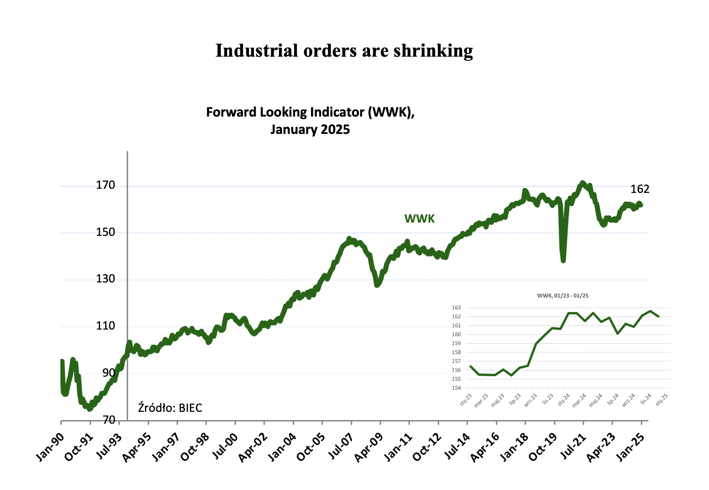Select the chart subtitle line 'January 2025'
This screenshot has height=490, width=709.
pos(310,129)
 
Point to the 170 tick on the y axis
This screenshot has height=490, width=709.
pos(106,186)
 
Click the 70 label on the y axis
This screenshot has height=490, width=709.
pos(108,420)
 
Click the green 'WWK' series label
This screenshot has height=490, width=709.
pos(419,219)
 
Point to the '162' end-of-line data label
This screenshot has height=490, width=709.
pos(640,189)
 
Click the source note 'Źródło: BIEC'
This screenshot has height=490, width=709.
pos(170,408)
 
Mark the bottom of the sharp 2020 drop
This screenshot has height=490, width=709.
pos(563,261)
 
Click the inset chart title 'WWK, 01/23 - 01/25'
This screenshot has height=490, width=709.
pos(563,296)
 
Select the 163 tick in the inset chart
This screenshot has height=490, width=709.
pos(457,308)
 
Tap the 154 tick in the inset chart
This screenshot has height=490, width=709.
pos(457,388)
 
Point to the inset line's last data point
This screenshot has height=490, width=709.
pos(658,316)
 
